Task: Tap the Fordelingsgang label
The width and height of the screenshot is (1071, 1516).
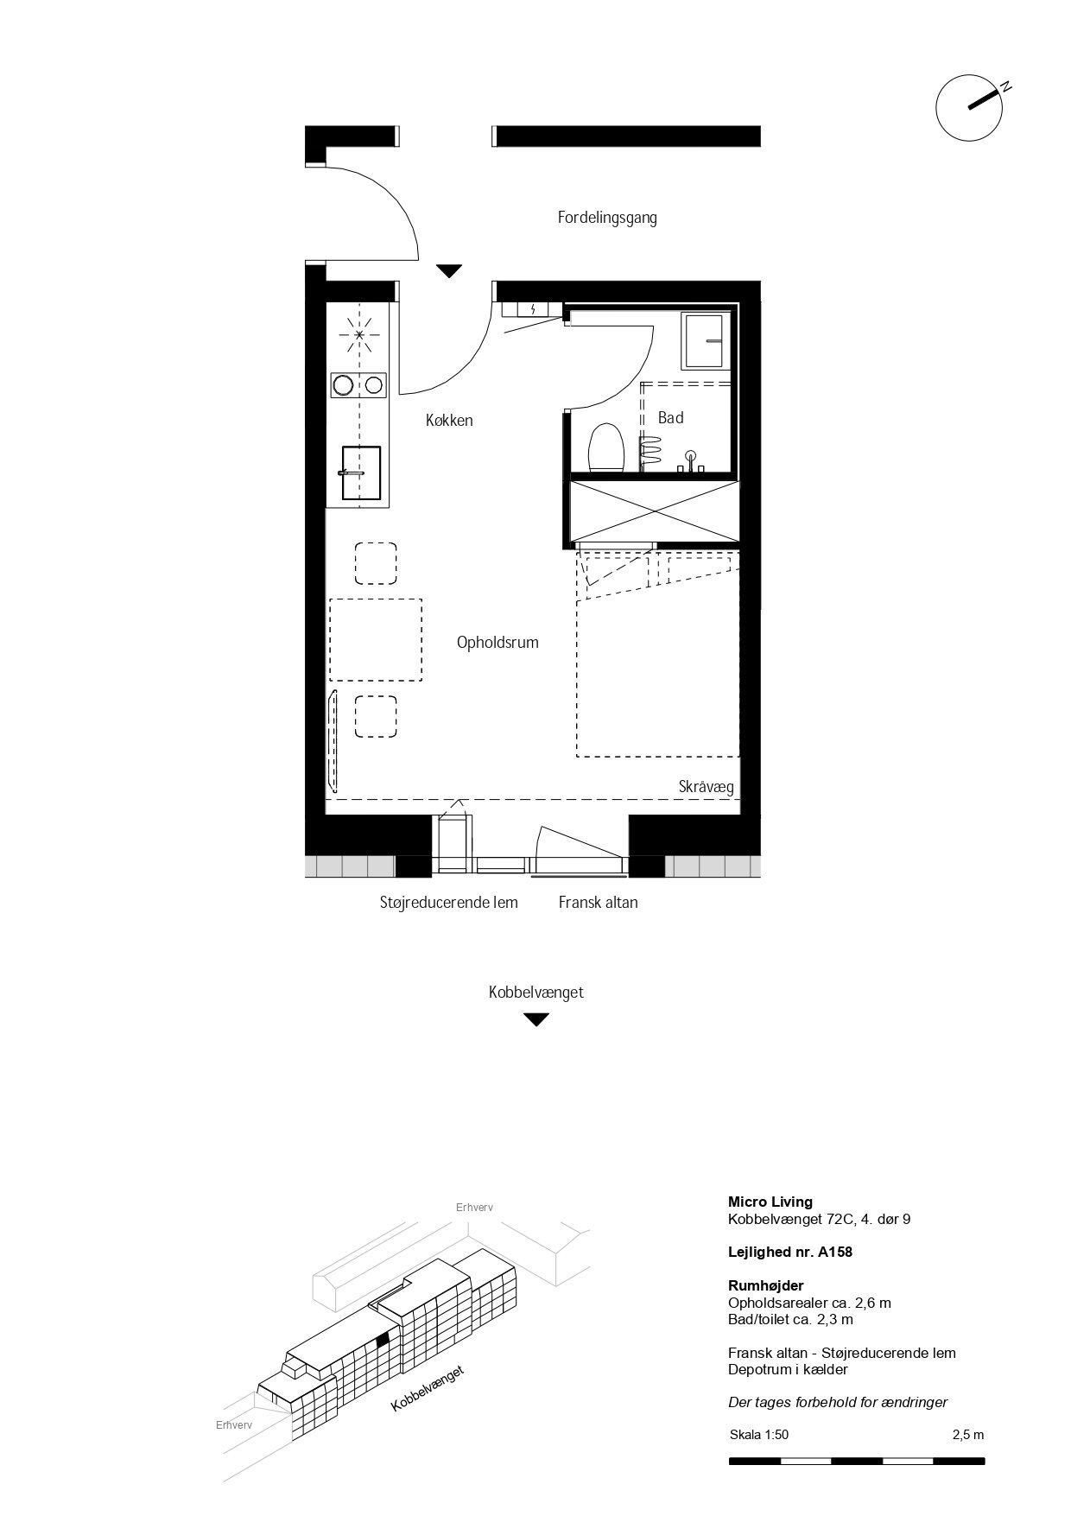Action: point(607,218)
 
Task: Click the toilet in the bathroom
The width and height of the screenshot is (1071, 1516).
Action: point(606,447)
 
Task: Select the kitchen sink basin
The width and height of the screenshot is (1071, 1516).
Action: point(361,473)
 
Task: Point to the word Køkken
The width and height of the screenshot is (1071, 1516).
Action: point(449,421)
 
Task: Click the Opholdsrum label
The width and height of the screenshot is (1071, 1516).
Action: point(497,643)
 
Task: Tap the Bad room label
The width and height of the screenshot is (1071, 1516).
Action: point(671,418)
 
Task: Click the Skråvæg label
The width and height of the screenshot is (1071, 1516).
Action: point(706,787)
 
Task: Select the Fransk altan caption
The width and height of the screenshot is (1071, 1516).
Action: point(598,903)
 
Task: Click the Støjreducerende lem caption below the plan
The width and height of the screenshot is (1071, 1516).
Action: point(449,903)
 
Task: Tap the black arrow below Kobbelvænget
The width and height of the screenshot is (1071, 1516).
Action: point(536,1019)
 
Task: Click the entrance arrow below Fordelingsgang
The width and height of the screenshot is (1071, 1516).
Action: point(449,271)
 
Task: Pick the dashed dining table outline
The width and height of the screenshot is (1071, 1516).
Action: point(376,639)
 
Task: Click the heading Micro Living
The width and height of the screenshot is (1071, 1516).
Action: point(770,1202)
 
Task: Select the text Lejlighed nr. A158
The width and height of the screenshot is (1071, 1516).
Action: point(790,1252)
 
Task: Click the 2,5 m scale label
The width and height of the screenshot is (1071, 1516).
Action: point(968,1435)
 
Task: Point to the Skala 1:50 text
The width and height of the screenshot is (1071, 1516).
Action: point(759,1435)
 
